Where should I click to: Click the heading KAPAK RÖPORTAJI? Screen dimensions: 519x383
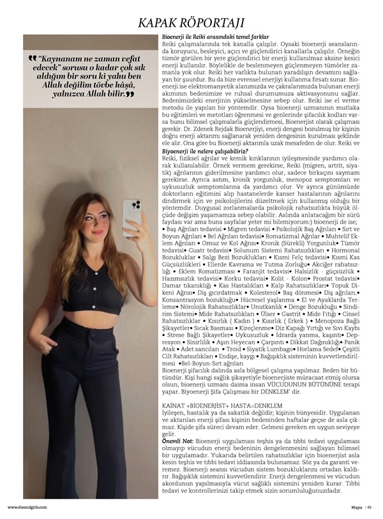[x=191, y=24]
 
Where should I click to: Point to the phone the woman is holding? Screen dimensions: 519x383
[x=132, y=217]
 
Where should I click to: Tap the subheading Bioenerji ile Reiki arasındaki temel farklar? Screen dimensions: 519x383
[x=216, y=38]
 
